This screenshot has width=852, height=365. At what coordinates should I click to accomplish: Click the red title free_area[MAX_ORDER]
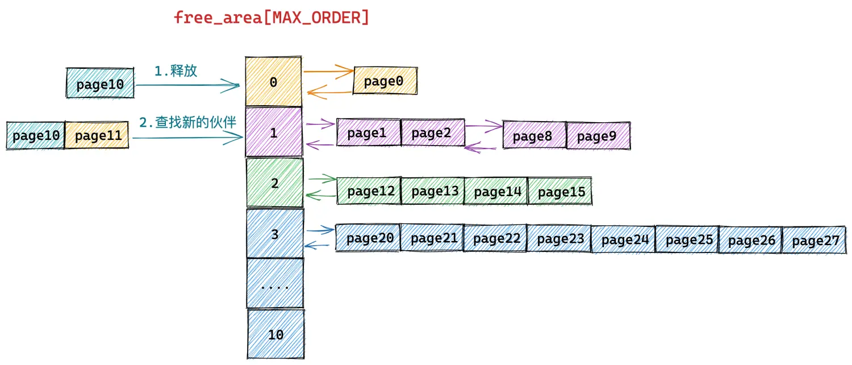coord(271,18)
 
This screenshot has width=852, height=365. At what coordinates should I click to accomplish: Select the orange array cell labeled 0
coord(273,81)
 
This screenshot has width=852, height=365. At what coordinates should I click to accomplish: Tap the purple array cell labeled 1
coord(274,132)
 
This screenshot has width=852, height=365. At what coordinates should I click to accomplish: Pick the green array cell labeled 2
coord(274,183)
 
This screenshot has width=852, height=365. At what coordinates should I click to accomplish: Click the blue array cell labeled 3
coord(275,233)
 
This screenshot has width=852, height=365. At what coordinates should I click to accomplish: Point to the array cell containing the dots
coord(275,283)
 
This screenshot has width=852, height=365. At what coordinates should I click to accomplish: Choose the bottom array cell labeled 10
coord(275,334)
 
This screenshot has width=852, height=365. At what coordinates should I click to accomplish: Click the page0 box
coord(385,81)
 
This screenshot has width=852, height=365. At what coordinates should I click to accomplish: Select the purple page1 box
coord(369,132)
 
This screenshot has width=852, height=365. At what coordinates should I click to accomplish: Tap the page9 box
coord(598,135)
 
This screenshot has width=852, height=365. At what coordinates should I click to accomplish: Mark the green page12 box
coord(369,190)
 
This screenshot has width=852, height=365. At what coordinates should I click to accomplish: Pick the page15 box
coord(560,191)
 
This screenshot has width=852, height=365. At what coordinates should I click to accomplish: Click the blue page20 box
coord(368,238)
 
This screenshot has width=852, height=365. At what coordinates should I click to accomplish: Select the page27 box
coord(815,240)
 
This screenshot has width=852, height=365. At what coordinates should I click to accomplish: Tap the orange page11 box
coord(97,135)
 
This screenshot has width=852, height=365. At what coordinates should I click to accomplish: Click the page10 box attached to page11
coord(35,135)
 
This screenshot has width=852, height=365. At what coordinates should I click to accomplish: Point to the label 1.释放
coord(176,71)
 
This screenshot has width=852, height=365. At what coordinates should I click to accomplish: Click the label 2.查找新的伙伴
coord(187,122)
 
